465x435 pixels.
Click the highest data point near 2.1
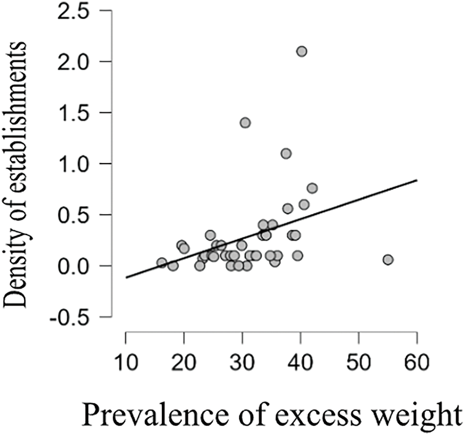301,51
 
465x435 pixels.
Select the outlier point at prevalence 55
388,260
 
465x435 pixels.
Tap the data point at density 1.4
245,123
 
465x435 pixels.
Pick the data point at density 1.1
286,153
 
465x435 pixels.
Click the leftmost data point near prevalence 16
162,263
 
